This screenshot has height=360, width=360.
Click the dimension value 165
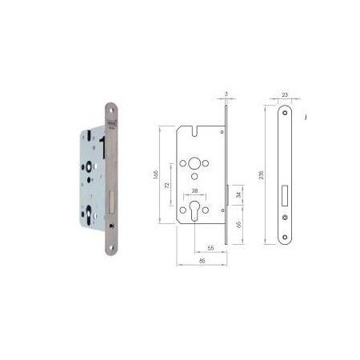click(x=159, y=174)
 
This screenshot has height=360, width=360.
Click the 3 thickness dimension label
click(x=227, y=94)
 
